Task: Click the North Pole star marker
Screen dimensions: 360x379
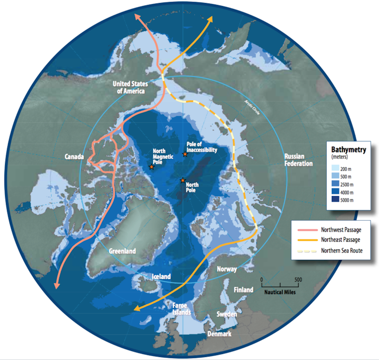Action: click(x=182, y=180)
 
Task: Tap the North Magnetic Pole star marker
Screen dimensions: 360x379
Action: click(x=151, y=167)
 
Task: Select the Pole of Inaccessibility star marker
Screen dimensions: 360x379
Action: click(x=185, y=154)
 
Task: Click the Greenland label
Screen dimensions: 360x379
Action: click(x=123, y=251)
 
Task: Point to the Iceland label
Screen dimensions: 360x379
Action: click(x=161, y=277)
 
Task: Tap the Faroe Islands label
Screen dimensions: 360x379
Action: click(x=180, y=309)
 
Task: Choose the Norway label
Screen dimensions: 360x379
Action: click(x=226, y=269)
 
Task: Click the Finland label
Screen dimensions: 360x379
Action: click(x=243, y=290)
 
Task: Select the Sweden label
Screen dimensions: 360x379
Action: click(x=227, y=314)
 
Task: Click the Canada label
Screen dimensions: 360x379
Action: click(x=74, y=157)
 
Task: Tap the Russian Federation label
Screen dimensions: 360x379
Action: click(x=298, y=160)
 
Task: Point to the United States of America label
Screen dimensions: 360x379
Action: click(x=129, y=87)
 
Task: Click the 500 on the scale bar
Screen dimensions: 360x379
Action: click(x=298, y=280)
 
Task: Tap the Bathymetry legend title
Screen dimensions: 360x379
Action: click(x=349, y=149)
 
